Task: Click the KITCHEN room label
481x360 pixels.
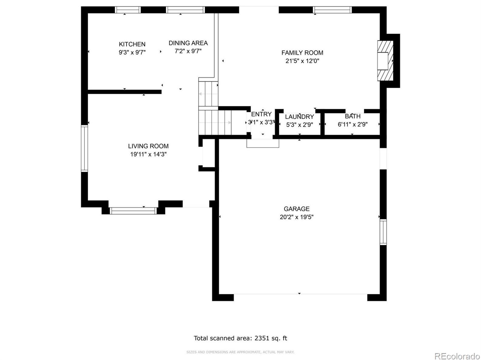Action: [132, 44]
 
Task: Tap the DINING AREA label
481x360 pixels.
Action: [188, 43]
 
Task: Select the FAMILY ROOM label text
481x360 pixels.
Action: [302, 53]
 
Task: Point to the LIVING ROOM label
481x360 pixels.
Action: [148, 146]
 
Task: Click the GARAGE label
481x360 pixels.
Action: [297, 209]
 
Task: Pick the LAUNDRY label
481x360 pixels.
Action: [299, 117]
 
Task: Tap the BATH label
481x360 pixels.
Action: [353, 116]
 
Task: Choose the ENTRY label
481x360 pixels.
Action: [261, 114]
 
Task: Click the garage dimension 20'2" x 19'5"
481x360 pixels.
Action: [297, 217]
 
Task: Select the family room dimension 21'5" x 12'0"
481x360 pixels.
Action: [302, 61]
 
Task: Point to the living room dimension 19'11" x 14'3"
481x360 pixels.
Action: [148, 154]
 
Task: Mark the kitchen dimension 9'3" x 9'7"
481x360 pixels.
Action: [132, 53]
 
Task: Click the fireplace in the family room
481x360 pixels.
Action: [385, 60]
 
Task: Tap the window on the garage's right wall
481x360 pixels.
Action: [383, 232]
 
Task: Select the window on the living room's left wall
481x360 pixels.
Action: [84, 148]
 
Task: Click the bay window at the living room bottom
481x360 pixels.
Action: [133, 211]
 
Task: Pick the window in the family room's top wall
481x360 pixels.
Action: [332, 10]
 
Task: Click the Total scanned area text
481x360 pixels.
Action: [240, 338]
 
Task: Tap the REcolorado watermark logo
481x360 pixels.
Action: [457, 356]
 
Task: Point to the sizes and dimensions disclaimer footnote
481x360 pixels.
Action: [240, 352]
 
